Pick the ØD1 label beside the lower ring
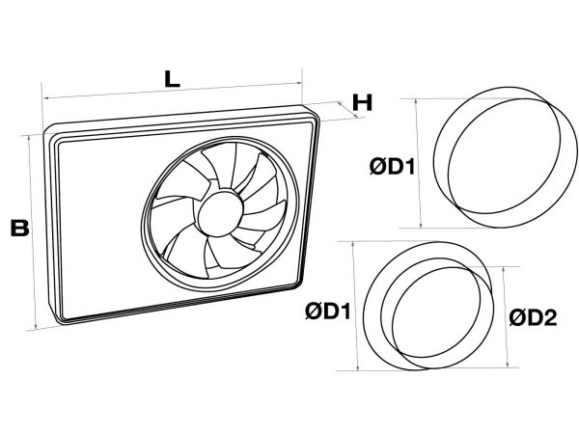(x=327, y=312)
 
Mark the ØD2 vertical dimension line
(x=504, y=316)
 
